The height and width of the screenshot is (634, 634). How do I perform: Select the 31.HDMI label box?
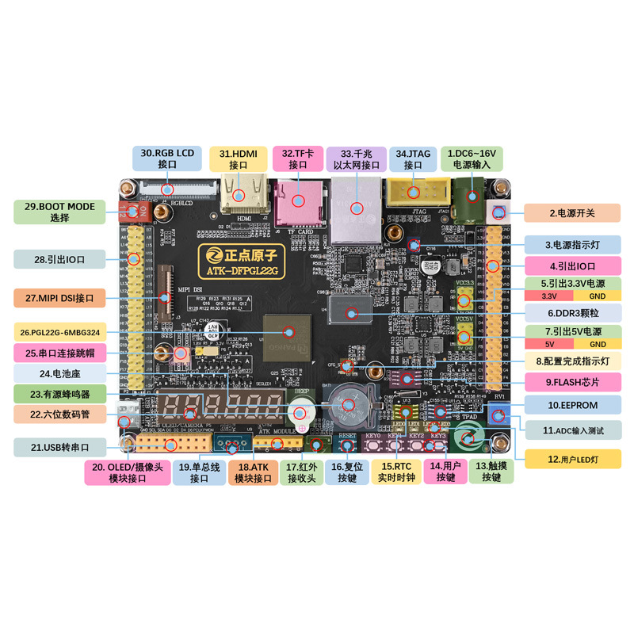pyautogui.click(x=239, y=158)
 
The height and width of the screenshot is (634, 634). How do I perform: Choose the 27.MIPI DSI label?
pyautogui.click(x=59, y=298)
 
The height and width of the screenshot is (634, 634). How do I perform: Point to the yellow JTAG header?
pyautogui.click(x=411, y=192)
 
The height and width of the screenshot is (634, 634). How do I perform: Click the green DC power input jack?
pyautogui.click(x=468, y=194)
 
